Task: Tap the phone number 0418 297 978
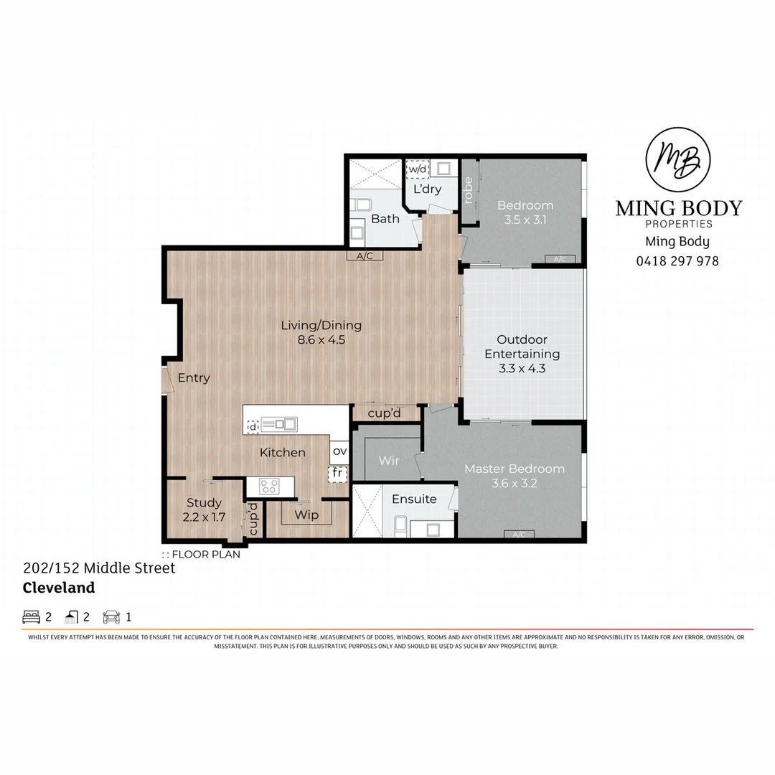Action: coord(677,261)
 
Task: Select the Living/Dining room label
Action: coord(321,325)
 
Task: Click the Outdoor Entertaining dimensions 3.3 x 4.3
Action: coord(522,369)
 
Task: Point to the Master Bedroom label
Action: coord(514,469)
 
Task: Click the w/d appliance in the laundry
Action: coord(417,169)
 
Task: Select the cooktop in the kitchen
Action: coord(269,487)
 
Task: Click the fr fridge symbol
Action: coord(337,473)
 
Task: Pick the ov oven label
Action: coord(339,451)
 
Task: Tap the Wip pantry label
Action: coord(306,515)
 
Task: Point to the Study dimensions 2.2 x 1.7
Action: coord(204,517)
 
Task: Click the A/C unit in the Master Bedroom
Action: coord(519,534)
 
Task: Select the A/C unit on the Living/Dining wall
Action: coord(365,255)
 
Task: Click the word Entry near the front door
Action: coord(194,378)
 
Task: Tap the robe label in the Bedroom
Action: coord(469,190)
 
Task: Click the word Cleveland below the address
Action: coord(59,588)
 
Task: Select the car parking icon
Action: coord(111,616)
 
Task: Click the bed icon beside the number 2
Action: coord(32,616)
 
